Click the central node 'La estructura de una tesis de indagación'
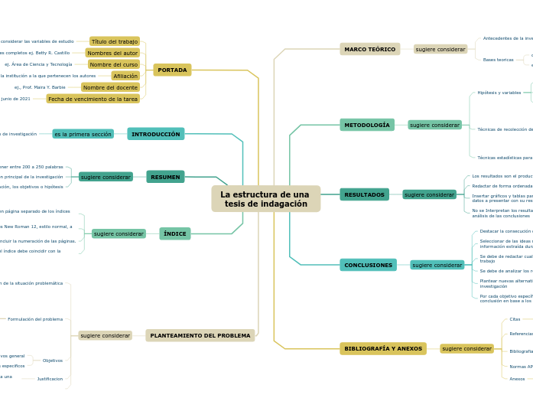(265, 199)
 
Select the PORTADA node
(172, 70)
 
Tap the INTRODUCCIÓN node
(156, 134)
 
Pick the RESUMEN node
(165, 177)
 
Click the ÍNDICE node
(174, 233)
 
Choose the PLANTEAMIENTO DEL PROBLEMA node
(200, 335)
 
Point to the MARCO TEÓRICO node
(369, 49)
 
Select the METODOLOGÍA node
(367, 125)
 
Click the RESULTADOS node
(364, 194)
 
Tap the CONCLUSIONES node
(368, 265)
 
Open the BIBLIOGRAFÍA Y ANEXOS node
(383, 348)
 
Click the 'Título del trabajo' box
(115, 41)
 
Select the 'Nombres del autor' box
(112, 53)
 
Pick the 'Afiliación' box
(125, 76)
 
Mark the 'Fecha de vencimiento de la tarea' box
(93, 99)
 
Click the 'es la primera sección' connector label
(83, 134)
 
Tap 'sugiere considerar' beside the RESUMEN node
(106, 177)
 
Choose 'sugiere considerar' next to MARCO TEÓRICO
(440, 49)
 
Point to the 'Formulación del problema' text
(35, 319)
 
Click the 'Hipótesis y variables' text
(499, 92)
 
